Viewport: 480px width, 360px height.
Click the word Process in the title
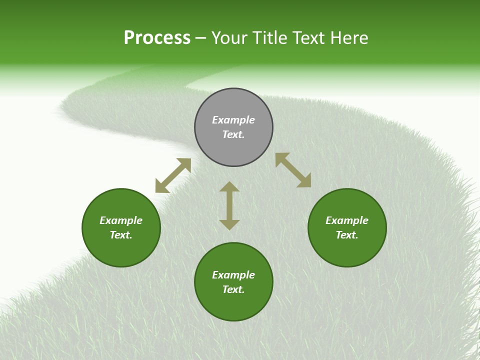[157, 38]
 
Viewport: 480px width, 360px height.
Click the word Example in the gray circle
[233, 120]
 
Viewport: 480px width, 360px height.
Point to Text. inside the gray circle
[233, 134]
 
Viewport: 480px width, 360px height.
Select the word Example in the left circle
[121, 220]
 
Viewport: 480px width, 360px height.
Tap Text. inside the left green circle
[121, 235]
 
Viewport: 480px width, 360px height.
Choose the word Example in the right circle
[347, 220]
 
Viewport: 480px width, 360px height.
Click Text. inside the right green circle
[347, 235]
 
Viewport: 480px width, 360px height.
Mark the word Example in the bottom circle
[233, 275]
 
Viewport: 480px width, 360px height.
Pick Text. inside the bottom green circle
[233, 289]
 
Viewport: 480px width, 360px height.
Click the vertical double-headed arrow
[229, 205]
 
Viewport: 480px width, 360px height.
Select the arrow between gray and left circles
[173, 175]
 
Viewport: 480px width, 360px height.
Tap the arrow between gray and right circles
[293, 170]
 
